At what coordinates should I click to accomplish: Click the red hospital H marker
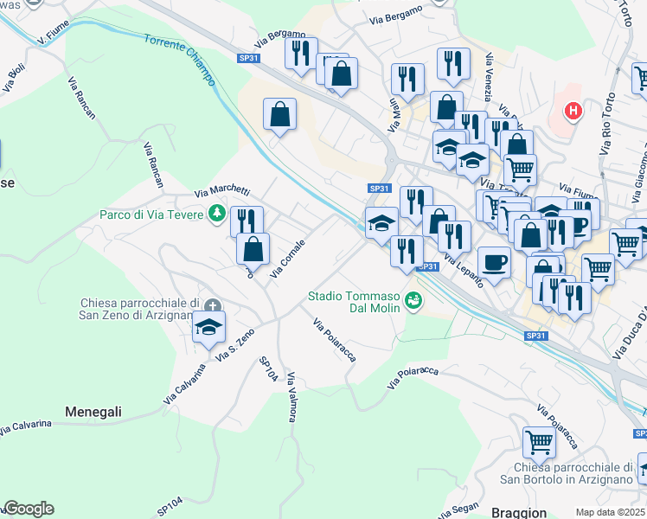tap(572, 111)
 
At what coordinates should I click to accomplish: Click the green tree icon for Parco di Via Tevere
tap(215, 213)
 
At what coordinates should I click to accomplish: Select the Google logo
tap(29, 509)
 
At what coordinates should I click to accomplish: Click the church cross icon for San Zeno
tap(213, 304)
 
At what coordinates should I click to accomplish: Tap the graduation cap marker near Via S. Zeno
tap(208, 328)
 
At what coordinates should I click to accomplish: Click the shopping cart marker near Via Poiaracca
tap(539, 442)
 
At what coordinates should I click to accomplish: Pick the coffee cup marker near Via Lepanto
tap(494, 262)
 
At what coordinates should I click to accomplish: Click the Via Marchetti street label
tap(222, 191)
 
